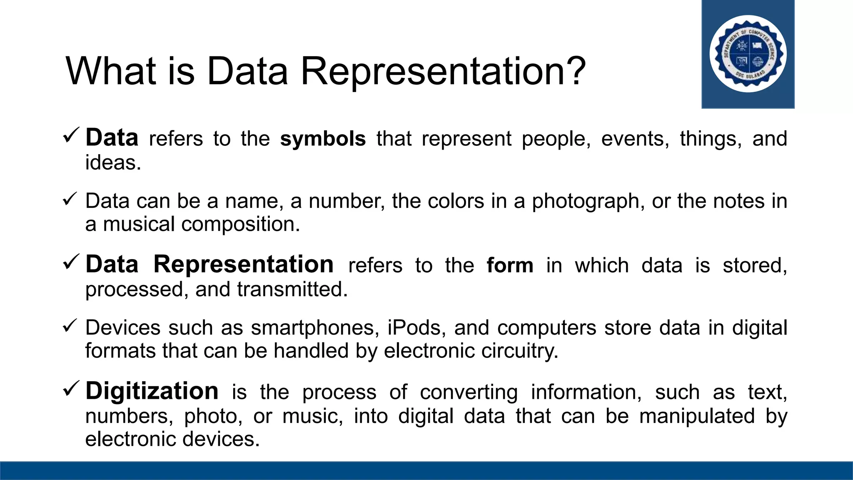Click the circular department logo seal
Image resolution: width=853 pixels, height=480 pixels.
pos(748,54)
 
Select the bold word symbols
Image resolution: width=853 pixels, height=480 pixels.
pos(323,139)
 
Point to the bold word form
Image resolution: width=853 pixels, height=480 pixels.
pos(510,265)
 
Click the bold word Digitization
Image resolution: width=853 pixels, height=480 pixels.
pos(152,391)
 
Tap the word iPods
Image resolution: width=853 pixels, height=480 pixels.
pos(414,327)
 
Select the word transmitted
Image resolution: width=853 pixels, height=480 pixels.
pos(292,289)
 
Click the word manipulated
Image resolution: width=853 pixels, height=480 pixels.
pos(697,416)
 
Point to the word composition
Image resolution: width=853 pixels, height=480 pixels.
pos(240,224)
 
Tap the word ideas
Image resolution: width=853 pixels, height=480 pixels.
pos(113,162)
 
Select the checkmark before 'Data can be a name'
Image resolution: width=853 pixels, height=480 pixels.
pos(70,199)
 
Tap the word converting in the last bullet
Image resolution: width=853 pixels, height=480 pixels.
pos(469,392)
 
